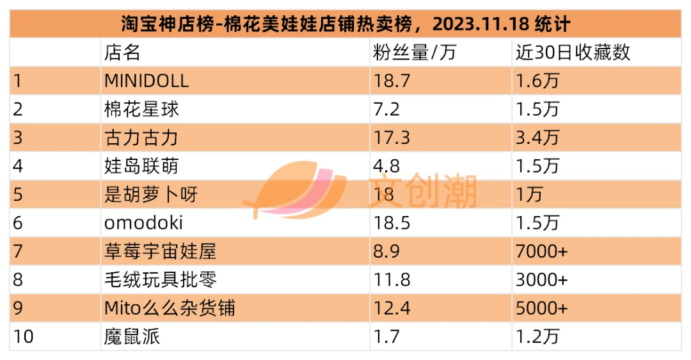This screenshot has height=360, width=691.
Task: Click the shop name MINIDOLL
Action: pos(147,81)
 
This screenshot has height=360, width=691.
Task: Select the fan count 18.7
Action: pos(392,81)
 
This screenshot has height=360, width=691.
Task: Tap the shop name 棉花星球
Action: pos(141,109)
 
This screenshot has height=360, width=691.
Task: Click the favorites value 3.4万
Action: pos(537,137)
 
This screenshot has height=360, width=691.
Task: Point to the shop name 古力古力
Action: pos(141,137)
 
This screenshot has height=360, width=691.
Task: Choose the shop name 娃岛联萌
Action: pos(141,166)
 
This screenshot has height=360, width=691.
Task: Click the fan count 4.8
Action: pos(386,166)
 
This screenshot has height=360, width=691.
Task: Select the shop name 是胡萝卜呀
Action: pos(151,194)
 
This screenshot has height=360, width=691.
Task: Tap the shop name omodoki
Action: pos(143,223)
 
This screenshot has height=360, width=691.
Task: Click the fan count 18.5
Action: pos(392,223)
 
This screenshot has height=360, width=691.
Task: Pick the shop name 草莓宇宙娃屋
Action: pos(161,251)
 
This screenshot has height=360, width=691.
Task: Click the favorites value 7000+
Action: pos(542,251)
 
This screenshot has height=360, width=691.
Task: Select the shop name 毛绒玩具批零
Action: pos(161,279)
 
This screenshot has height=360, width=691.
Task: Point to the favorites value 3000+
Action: pos(542,280)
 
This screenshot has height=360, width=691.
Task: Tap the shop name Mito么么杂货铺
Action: pos(170,308)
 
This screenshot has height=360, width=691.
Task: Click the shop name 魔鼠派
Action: pos(132,336)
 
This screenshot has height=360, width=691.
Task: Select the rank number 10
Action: pos(24,336)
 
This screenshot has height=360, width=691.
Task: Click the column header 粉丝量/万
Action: pos(414,52)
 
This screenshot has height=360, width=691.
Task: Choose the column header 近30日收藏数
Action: pos(573,52)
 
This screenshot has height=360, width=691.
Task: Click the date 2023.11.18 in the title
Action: pos(481,24)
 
